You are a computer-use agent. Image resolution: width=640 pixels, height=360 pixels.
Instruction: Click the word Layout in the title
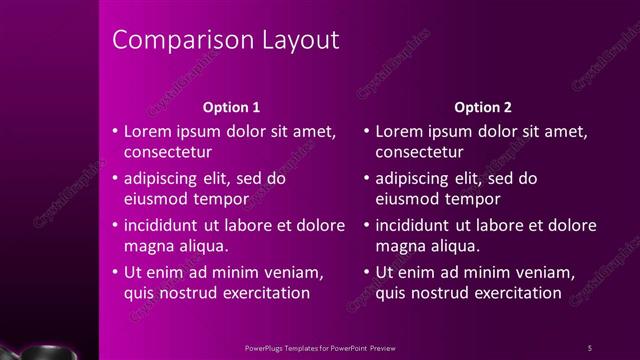click(x=297, y=40)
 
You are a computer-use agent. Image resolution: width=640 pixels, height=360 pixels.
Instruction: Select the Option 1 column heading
click(x=231, y=106)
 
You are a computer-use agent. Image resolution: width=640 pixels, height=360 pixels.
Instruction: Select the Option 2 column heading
click(x=482, y=106)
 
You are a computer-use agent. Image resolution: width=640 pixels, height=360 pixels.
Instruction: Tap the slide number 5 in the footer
click(x=589, y=347)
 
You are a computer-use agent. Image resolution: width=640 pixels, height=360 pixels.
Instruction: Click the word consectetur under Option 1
click(x=167, y=153)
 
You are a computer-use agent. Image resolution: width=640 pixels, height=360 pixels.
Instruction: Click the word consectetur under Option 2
click(x=419, y=153)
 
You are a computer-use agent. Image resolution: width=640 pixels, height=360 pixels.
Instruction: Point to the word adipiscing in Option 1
click(x=164, y=178)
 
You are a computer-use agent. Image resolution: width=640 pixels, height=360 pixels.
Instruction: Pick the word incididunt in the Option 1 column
click(x=166, y=225)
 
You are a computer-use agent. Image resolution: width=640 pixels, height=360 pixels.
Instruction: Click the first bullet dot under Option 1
click(x=115, y=131)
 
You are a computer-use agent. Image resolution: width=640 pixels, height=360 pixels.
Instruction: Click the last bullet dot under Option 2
click(x=367, y=272)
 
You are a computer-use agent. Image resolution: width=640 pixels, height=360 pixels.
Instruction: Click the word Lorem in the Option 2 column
click(x=399, y=131)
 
